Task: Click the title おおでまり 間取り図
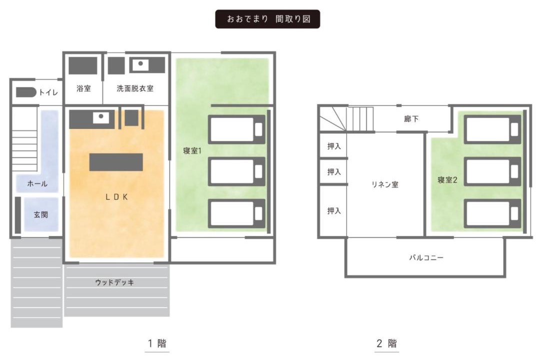[x=268, y=19]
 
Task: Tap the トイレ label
[x=48, y=92]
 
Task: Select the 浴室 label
[x=83, y=88]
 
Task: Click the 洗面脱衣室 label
[x=135, y=88]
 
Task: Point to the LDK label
[x=116, y=197]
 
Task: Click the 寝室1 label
[x=192, y=150]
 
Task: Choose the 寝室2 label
[x=447, y=180]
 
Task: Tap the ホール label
[x=37, y=183]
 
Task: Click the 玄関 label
[x=40, y=214]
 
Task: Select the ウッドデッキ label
[x=114, y=282]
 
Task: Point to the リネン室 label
[x=384, y=184]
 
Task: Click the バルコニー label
[x=426, y=257]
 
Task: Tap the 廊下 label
[x=411, y=119]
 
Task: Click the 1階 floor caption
[x=157, y=343]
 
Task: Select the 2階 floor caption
[x=386, y=343]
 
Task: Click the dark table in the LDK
[x=116, y=162]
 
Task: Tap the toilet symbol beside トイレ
[x=26, y=92]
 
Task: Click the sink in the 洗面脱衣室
[x=140, y=64]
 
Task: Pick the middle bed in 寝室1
[x=236, y=171]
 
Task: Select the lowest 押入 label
[x=334, y=210]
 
